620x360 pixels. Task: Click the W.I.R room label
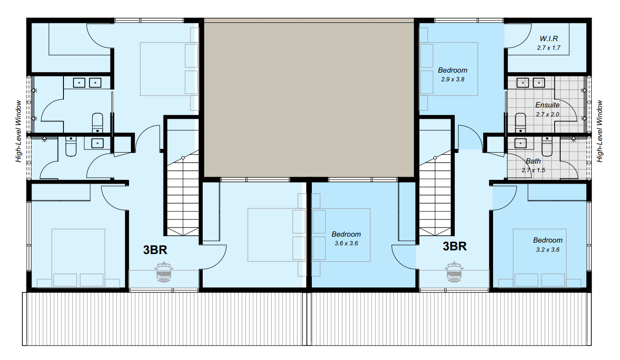click(x=549, y=38)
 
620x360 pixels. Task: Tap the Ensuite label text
click(x=547, y=105)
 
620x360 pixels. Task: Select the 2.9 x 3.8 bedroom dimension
click(x=452, y=79)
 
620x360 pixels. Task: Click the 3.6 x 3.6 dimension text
click(x=346, y=244)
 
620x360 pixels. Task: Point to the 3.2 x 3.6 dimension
click(x=547, y=250)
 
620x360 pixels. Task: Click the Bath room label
click(x=533, y=161)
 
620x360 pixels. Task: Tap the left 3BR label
click(x=155, y=250)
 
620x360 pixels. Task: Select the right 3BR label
click(x=454, y=246)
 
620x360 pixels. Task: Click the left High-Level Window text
click(x=18, y=131)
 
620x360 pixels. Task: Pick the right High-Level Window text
click(x=599, y=131)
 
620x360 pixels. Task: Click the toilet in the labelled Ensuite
click(x=520, y=123)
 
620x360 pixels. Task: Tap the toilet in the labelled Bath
click(x=547, y=146)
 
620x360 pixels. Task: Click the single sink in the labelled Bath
click(x=520, y=143)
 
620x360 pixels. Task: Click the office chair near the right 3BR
click(x=454, y=272)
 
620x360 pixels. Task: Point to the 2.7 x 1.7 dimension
click(x=549, y=48)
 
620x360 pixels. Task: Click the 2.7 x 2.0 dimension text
click(x=547, y=114)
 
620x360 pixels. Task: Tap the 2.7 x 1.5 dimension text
click(x=533, y=170)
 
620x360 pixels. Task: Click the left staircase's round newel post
click(x=183, y=158)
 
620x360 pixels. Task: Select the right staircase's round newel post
click(x=435, y=158)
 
